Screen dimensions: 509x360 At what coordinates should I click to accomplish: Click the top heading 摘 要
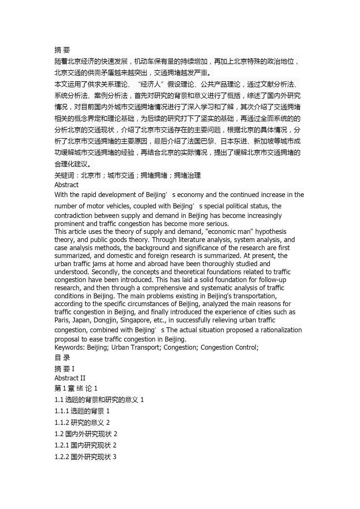click(62, 50)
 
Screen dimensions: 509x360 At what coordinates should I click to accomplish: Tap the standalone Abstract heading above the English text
click(66, 185)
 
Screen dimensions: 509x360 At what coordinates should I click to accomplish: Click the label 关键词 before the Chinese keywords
click(64, 175)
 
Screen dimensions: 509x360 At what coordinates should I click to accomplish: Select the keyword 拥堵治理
click(187, 175)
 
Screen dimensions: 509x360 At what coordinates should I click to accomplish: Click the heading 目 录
click(62, 358)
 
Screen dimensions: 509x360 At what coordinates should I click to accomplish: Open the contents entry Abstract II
click(70, 378)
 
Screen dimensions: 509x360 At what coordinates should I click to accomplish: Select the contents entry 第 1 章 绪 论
click(76, 388)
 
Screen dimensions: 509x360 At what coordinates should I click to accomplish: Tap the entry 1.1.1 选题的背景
click(82, 411)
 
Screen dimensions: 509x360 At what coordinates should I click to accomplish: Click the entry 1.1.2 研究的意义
click(82, 423)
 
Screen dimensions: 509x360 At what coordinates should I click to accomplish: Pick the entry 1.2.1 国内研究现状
click(86, 445)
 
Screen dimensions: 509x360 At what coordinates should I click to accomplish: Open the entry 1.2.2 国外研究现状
click(86, 457)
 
